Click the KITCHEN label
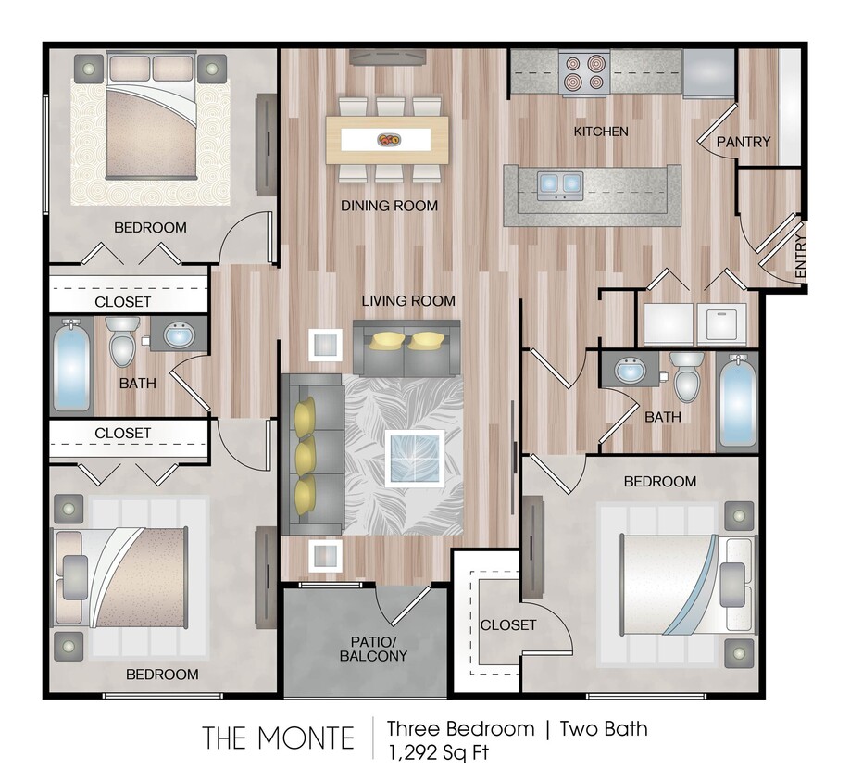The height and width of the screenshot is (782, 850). pyautogui.click(x=601, y=132)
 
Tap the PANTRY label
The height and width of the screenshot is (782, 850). pyautogui.click(x=744, y=142)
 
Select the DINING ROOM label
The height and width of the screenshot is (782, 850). pyautogui.click(x=389, y=205)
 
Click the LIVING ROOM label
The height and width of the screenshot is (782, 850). pyautogui.click(x=408, y=300)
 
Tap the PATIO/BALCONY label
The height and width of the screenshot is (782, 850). pyautogui.click(x=373, y=648)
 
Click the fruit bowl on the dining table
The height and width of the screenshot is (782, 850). pyautogui.click(x=388, y=140)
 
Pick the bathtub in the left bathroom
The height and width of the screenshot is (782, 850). pyautogui.click(x=71, y=367)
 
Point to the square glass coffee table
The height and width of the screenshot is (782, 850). pyautogui.click(x=413, y=456)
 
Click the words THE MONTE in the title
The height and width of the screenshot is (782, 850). pyautogui.click(x=279, y=738)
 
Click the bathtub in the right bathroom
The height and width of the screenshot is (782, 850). pyautogui.click(x=737, y=400)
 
